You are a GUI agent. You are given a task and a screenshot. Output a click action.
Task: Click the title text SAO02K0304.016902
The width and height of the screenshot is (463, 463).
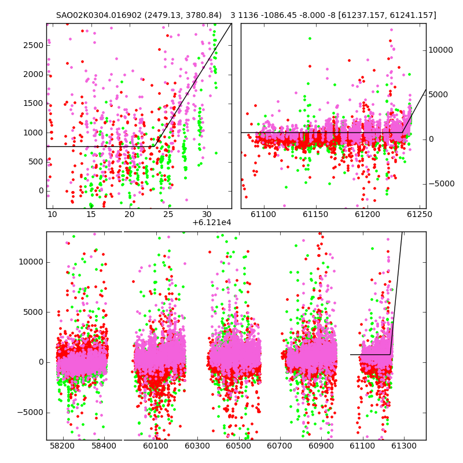click(x=99, y=15)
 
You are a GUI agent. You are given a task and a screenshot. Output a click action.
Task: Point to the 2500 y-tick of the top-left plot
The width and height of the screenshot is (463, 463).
click(x=34, y=46)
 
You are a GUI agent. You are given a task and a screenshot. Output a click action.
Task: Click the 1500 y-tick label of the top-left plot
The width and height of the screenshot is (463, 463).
click(x=34, y=104)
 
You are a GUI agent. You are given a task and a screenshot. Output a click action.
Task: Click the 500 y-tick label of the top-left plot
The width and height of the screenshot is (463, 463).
click(x=36, y=162)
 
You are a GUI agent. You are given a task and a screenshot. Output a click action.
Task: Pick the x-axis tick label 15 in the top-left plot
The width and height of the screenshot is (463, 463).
click(x=91, y=214)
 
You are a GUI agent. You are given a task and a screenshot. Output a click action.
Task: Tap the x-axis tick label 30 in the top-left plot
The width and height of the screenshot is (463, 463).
click(x=207, y=214)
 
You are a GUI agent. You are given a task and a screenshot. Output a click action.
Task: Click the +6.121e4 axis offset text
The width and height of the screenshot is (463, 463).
click(x=212, y=223)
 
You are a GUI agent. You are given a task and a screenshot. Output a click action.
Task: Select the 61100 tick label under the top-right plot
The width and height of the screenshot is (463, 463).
click(x=263, y=214)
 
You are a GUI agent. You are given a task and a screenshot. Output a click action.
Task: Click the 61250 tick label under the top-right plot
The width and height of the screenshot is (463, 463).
click(x=420, y=214)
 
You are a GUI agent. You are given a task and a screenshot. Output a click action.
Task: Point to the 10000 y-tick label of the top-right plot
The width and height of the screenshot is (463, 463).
click(x=440, y=50)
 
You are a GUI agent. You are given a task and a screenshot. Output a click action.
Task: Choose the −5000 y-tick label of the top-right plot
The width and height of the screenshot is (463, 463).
click(x=442, y=184)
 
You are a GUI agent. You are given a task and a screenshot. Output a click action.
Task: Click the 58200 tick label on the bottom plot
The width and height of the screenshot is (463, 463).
click(x=63, y=446)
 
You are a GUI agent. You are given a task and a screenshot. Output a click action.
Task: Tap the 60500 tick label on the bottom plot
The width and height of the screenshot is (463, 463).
click(x=238, y=446)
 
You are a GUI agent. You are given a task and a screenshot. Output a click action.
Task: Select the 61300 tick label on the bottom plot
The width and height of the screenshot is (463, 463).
click(x=403, y=446)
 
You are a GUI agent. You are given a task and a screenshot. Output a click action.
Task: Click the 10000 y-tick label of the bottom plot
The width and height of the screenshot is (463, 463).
click(x=31, y=262)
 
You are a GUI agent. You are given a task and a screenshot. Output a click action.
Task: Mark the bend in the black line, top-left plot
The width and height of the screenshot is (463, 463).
click(x=155, y=146)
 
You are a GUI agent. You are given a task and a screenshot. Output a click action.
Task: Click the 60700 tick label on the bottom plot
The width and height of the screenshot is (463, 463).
click(x=280, y=446)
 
